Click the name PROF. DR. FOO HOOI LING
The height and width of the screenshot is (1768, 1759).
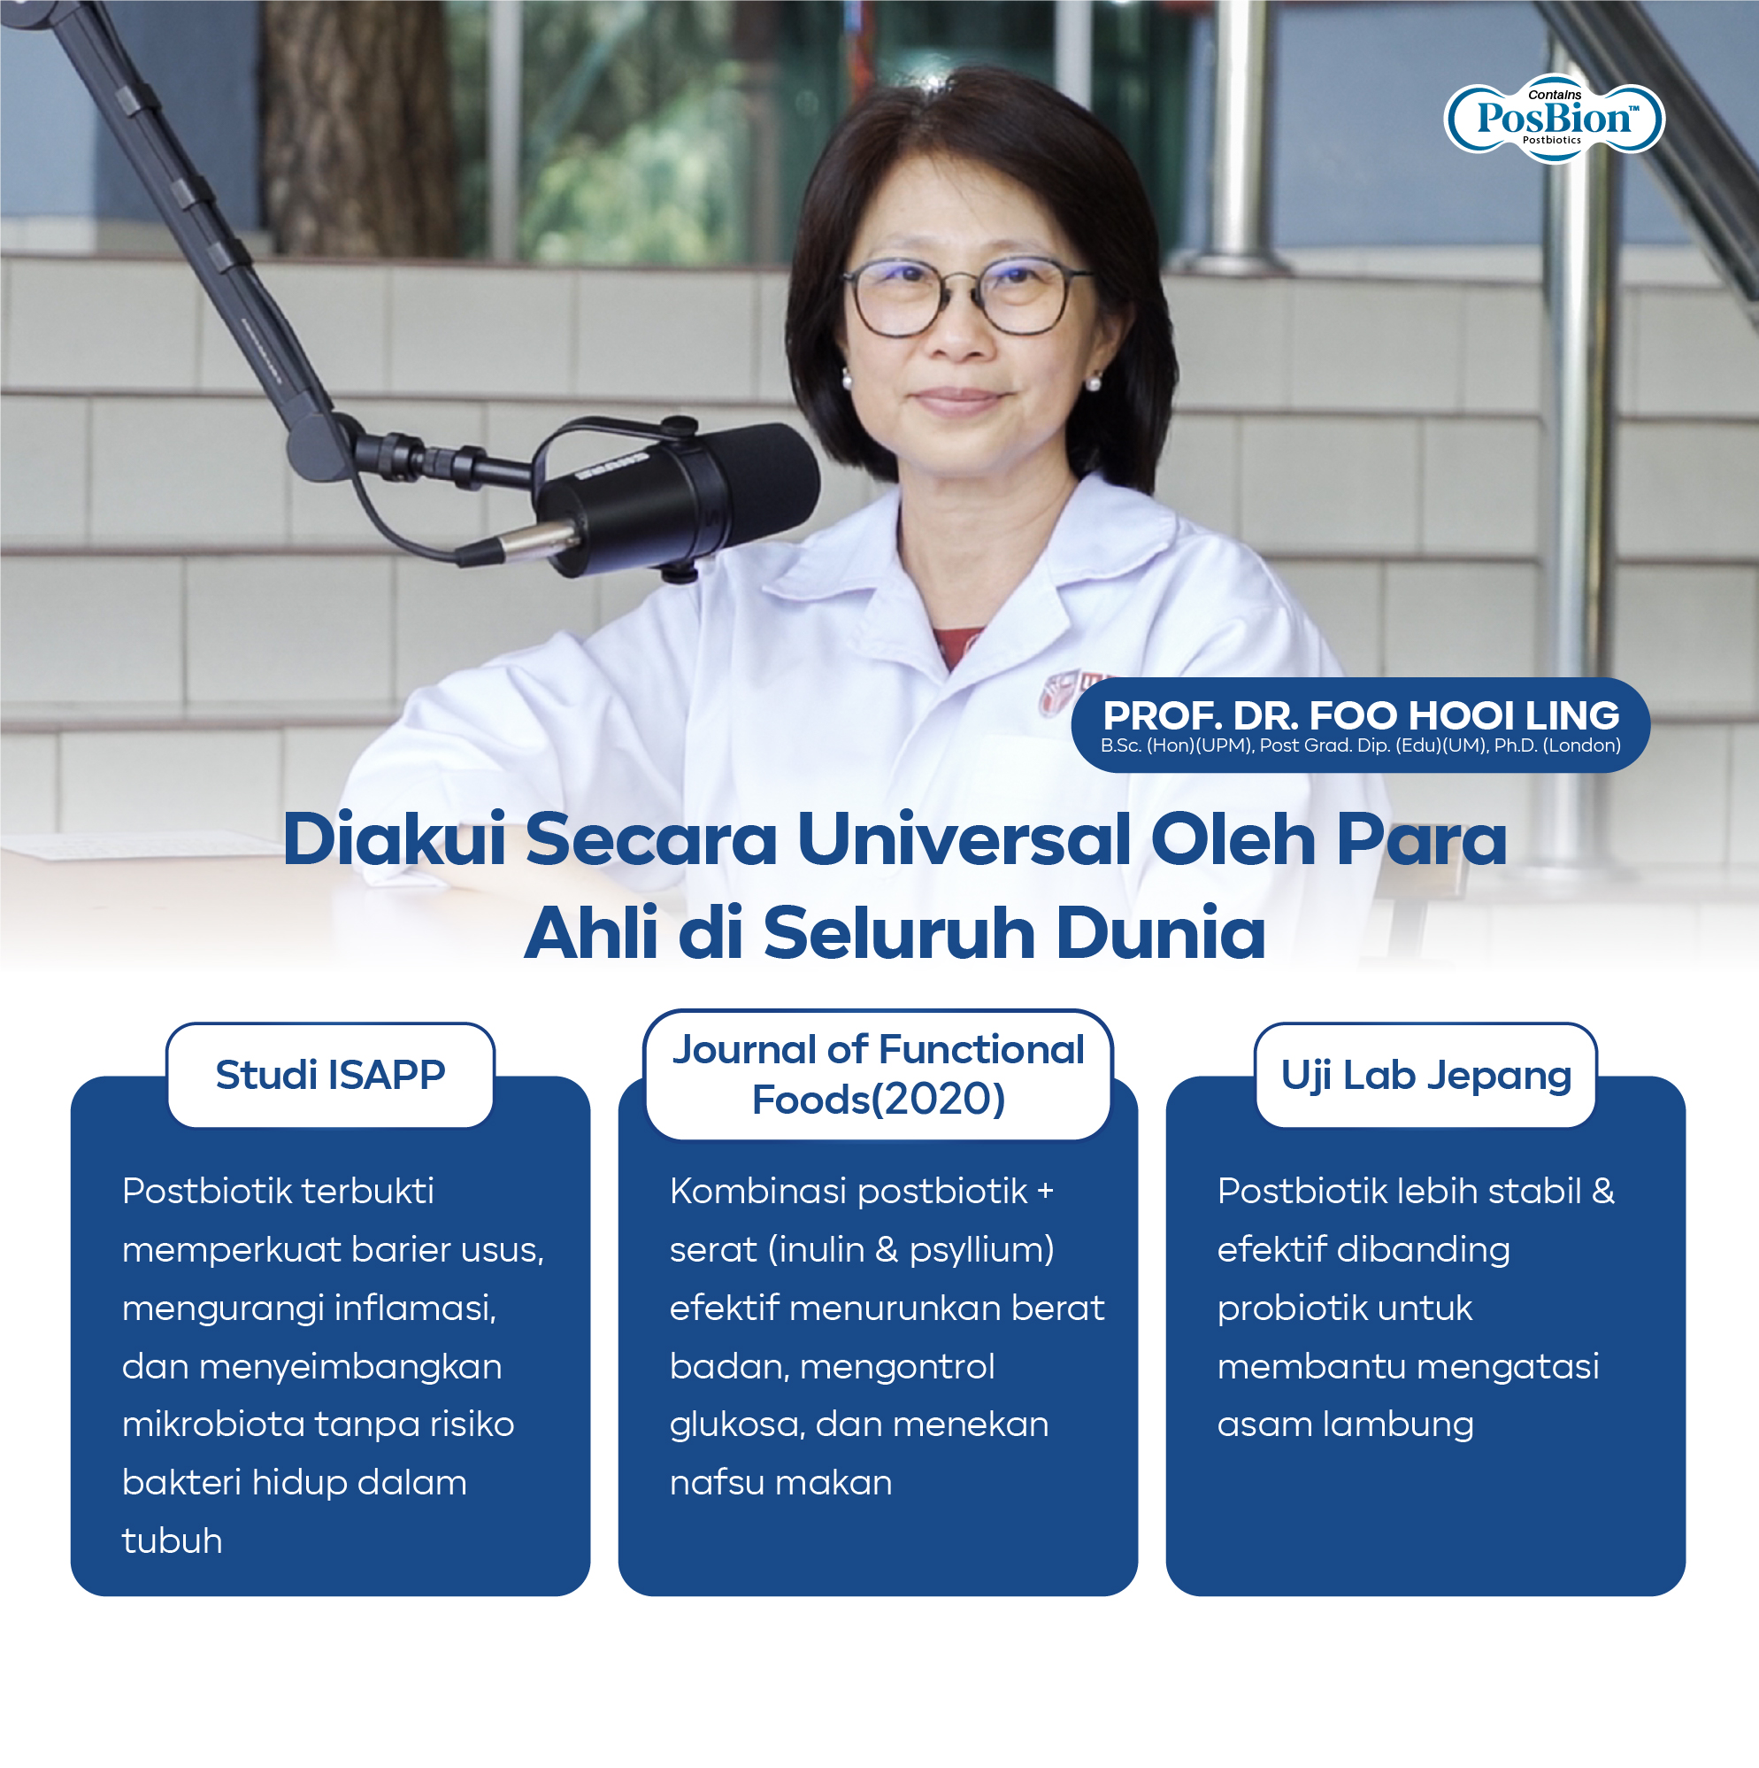pyautogui.click(x=1360, y=714)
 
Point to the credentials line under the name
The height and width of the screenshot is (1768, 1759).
pyautogui.click(x=1360, y=745)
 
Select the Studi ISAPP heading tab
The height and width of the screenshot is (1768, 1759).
pyautogui.click(x=330, y=1074)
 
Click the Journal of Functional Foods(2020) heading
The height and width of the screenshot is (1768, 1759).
pyautogui.click(x=878, y=1074)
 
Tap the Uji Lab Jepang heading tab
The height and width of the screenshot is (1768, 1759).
pyautogui.click(x=1425, y=1074)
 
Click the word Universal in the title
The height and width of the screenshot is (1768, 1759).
pyautogui.click(x=965, y=839)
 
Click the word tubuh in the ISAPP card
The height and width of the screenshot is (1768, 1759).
pyautogui.click(x=172, y=1541)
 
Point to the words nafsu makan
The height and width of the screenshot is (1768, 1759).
pyautogui.click(x=780, y=1483)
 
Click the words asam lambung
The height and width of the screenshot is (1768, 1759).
pyautogui.click(x=1345, y=1424)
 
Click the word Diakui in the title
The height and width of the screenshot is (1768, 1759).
pyautogui.click(x=395, y=839)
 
